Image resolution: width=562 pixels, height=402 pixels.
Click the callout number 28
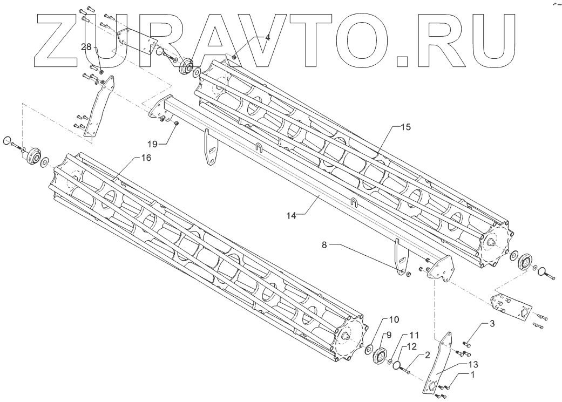(x=86, y=47)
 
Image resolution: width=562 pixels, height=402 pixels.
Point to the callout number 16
(x=146, y=158)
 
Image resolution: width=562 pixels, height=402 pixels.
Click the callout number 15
(x=405, y=127)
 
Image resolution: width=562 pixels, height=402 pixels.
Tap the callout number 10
(x=394, y=319)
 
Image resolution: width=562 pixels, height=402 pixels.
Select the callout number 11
(x=414, y=334)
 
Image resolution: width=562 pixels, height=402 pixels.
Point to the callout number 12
(x=411, y=345)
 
